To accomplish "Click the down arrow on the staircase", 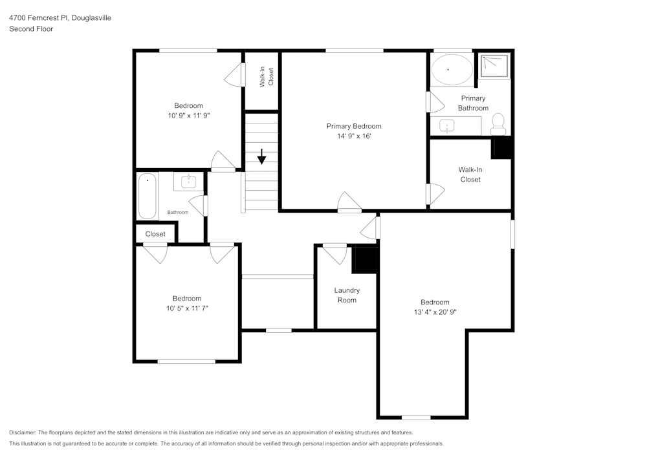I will [x=261, y=156].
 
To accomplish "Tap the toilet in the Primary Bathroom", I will [x=498, y=124].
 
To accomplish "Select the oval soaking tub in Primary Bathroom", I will [x=452, y=69].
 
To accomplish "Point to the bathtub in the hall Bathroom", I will [x=148, y=196].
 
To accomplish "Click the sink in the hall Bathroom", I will [x=188, y=182].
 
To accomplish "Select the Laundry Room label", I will [x=346, y=295].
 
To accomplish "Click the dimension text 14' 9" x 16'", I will [x=353, y=136].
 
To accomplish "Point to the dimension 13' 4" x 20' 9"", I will [x=435, y=312].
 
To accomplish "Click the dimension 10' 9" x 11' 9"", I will [x=188, y=115].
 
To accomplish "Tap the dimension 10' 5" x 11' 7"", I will [x=186, y=308].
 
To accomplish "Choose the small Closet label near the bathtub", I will [x=155, y=234].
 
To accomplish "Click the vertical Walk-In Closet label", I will [x=267, y=77].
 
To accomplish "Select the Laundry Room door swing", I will [x=335, y=253].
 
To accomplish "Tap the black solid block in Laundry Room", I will [x=364, y=260].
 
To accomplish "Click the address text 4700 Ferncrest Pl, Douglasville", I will [x=60, y=18].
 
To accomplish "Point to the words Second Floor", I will [x=31, y=29].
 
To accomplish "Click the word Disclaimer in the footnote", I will [x=23, y=432].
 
